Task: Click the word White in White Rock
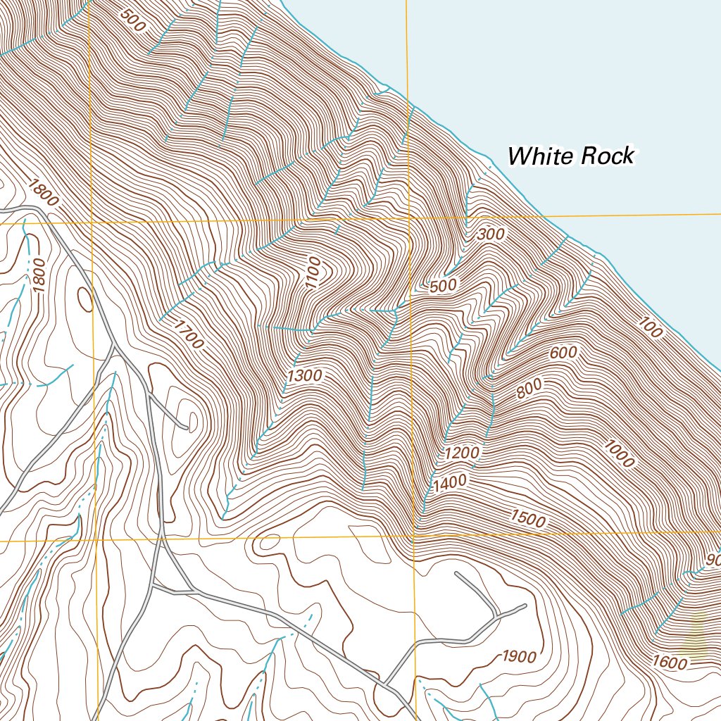coord(540,156)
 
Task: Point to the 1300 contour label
coord(305,376)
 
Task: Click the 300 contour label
coord(491,235)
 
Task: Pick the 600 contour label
coord(563,353)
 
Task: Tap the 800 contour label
coord(529,389)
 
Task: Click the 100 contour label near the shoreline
coord(651,327)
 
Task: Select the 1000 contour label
coord(619,454)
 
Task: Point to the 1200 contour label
coord(462,452)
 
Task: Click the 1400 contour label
coord(450,484)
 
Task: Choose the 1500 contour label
coord(528,520)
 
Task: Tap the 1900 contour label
coord(520,657)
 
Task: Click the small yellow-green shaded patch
coord(698,636)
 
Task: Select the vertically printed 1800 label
coord(39,276)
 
